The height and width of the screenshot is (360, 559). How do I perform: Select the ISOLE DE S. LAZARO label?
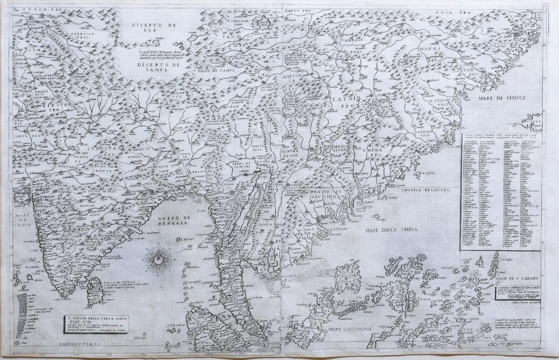click(513, 279)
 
